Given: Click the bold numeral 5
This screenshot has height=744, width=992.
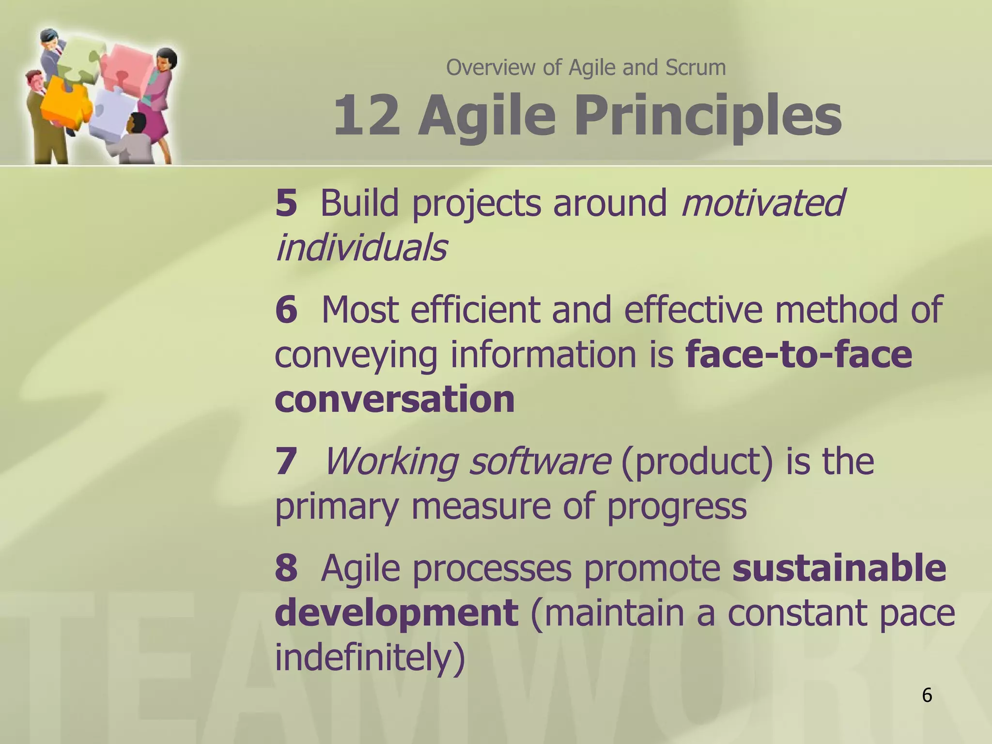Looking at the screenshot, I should point(286,203).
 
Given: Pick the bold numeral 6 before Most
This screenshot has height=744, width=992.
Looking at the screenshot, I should point(286,310).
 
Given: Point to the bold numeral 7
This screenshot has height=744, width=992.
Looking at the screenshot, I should point(286,461).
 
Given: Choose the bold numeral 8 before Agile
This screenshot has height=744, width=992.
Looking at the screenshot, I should point(286,568).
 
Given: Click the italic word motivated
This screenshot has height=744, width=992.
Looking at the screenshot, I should point(762,203).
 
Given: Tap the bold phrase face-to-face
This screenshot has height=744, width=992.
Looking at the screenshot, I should point(799,355).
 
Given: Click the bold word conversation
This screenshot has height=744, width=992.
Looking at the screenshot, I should point(394,399).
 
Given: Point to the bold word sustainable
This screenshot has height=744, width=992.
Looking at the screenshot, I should point(839,568).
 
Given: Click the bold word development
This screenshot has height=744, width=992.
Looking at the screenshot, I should point(396,612).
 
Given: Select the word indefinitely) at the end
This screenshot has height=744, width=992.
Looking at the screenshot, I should point(370,658).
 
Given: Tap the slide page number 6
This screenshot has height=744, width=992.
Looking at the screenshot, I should point(927,696).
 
